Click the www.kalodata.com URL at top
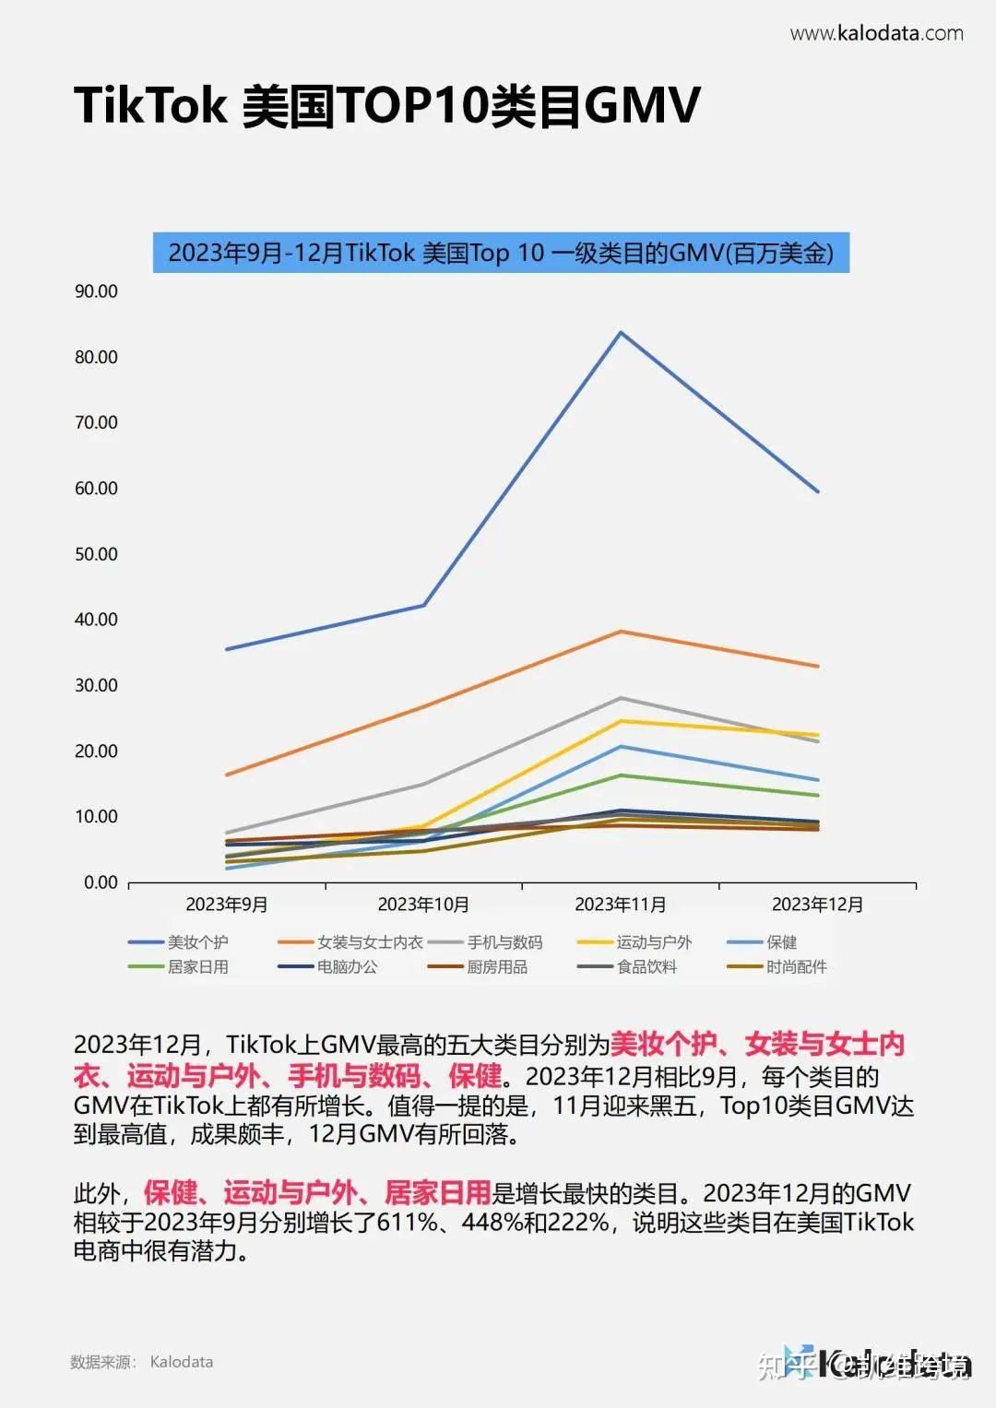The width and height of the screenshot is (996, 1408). point(876,34)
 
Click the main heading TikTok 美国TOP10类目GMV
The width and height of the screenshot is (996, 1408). point(387,105)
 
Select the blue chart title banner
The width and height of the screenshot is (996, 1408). point(501,253)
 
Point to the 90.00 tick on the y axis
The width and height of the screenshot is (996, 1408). point(96,291)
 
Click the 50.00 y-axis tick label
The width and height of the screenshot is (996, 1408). point(96,554)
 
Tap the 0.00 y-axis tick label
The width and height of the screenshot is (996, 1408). point(101,882)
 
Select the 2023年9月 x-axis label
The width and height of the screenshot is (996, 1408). point(227,905)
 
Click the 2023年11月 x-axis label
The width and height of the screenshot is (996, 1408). point(620,905)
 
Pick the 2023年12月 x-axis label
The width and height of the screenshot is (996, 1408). point(817,905)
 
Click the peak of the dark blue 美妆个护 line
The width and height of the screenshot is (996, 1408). point(621,332)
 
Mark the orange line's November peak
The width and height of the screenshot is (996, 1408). point(621,632)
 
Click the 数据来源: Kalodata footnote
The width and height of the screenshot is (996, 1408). point(141,1362)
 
